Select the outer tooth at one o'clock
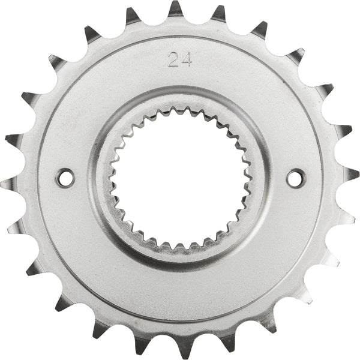[259, 31]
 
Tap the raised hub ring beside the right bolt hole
[262, 177]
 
